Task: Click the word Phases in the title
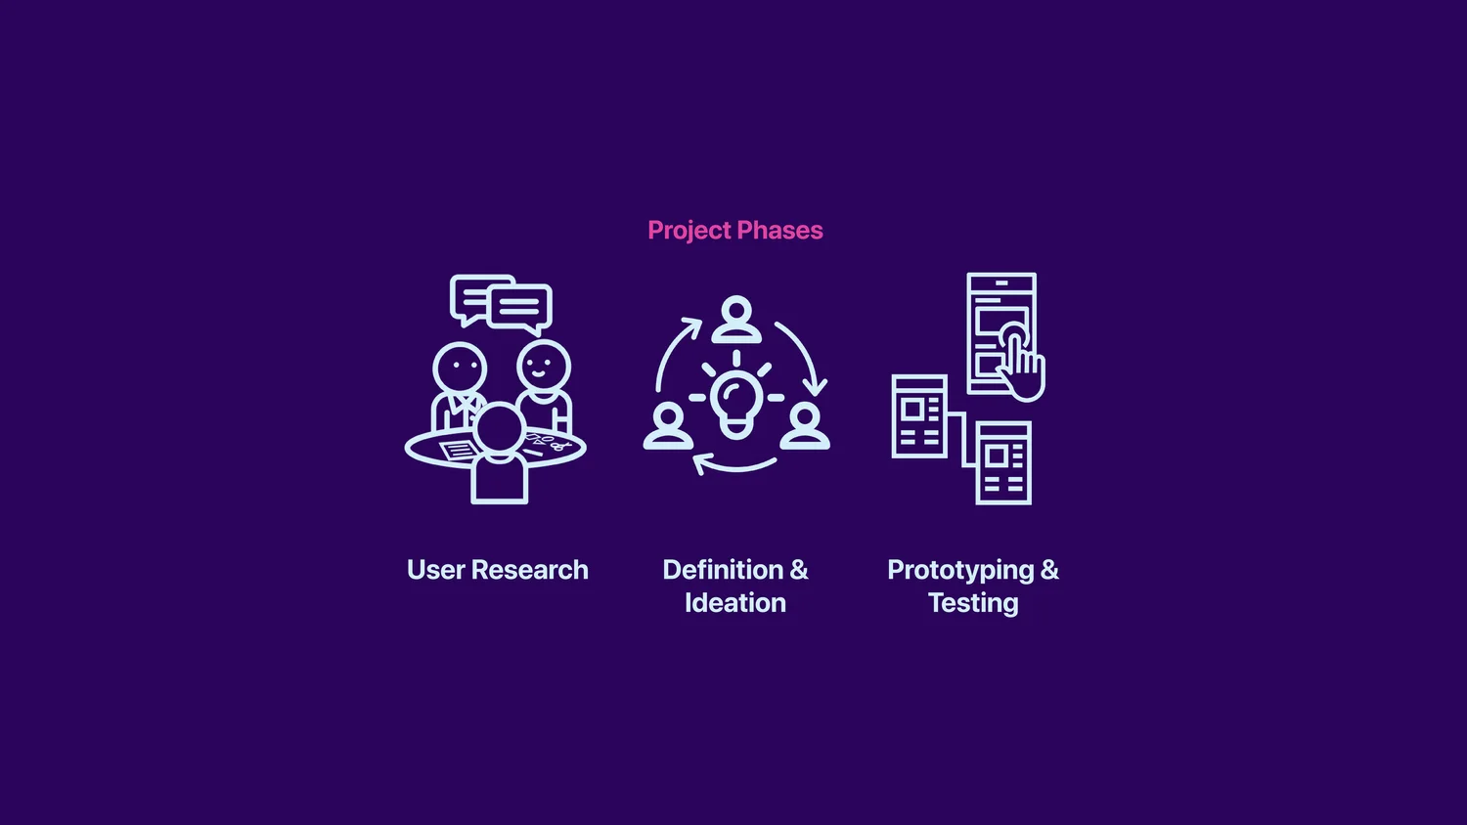tap(780, 231)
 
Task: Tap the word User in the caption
tap(435, 570)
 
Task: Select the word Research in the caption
tap(530, 570)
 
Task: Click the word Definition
tap(723, 570)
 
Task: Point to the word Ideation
tap(735, 603)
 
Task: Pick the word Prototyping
tap(960, 571)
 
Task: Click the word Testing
tap(973, 603)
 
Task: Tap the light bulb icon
tap(736, 403)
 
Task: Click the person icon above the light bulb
tap(736, 321)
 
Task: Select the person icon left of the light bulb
tap(668, 426)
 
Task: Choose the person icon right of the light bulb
tap(805, 426)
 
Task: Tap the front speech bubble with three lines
tap(520, 307)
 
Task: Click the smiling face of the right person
tap(544, 367)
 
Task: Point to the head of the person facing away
tap(500, 428)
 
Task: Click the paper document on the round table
tap(458, 451)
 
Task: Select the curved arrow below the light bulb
tap(735, 464)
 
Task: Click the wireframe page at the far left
tap(919, 416)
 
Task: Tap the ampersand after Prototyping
tap(1049, 570)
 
